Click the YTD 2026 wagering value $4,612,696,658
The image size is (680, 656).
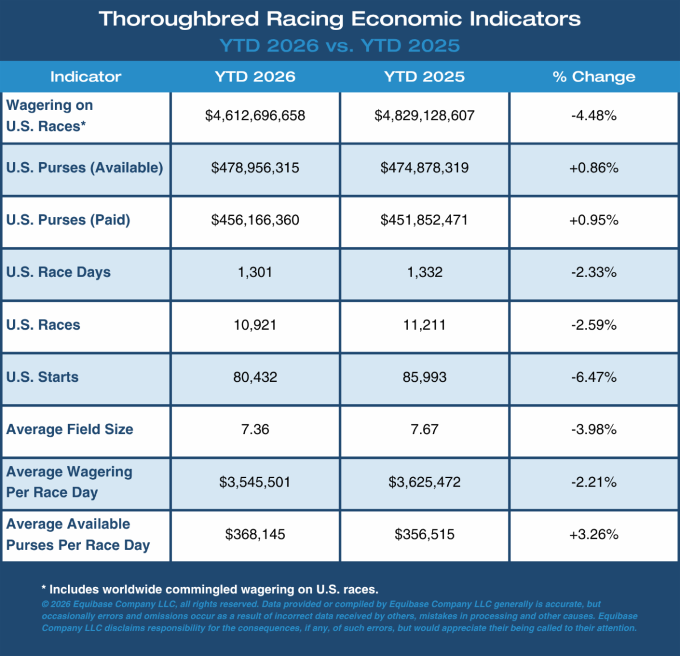(x=255, y=116)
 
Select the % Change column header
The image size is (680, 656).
(x=594, y=76)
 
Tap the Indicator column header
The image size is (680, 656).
(x=86, y=76)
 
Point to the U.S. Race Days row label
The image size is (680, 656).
(x=58, y=272)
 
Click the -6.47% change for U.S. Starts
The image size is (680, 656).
(x=594, y=377)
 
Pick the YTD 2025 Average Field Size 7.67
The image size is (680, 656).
(x=424, y=429)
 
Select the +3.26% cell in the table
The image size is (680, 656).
(x=594, y=534)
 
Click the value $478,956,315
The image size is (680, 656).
(x=255, y=168)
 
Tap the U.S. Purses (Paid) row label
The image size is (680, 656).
(x=68, y=220)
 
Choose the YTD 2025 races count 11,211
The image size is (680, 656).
(x=424, y=325)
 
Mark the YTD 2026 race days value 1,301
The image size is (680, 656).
(x=255, y=272)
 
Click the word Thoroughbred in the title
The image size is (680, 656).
(x=178, y=19)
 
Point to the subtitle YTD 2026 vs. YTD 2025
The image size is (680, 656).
(x=339, y=46)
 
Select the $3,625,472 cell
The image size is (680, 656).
(x=424, y=482)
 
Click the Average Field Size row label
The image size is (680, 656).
(x=70, y=429)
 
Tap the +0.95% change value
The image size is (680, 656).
(x=594, y=220)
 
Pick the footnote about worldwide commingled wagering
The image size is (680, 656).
(x=210, y=589)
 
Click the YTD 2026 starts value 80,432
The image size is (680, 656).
(x=255, y=377)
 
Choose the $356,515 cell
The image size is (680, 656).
(x=424, y=534)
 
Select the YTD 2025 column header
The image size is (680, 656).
(x=424, y=76)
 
